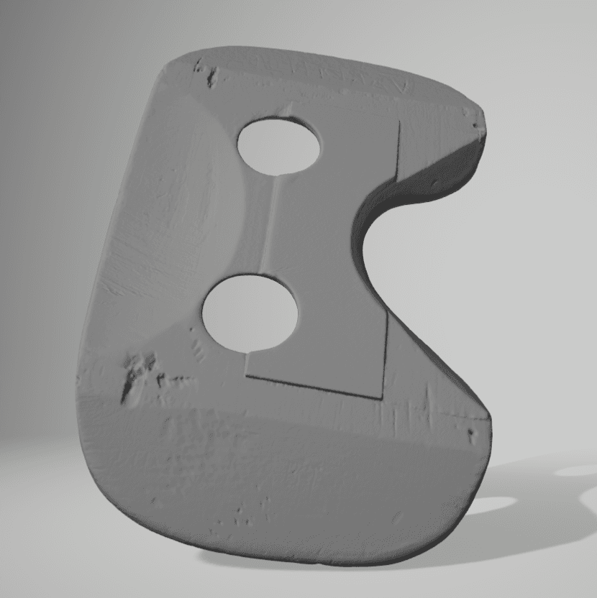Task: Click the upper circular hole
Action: coord(279,146)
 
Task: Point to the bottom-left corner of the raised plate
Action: coord(247,375)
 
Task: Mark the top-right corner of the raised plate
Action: coord(398,121)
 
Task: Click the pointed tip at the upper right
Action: coord(480,115)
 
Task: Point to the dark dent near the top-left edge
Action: coord(211,77)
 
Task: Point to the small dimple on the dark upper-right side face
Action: coord(434,183)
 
